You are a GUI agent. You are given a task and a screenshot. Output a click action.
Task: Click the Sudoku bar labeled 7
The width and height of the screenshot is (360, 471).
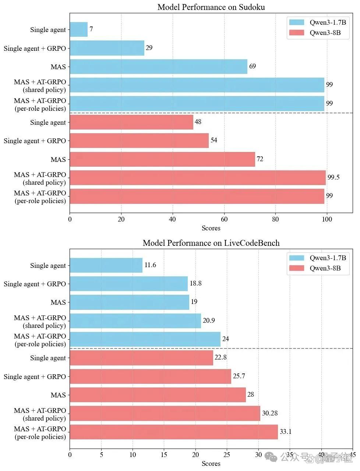tap(78, 29)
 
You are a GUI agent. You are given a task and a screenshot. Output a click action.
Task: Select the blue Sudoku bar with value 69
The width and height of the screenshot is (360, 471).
tap(159, 67)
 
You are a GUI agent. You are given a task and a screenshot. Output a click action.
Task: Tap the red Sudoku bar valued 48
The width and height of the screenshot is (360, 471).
tap(131, 122)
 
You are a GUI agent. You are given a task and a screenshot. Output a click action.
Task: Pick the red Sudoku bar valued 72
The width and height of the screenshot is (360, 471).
tap(162, 159)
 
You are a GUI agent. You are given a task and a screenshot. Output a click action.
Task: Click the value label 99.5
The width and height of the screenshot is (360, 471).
tap(333, 177)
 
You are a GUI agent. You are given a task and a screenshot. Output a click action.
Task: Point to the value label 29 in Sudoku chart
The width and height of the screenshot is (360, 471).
tap(149, 47)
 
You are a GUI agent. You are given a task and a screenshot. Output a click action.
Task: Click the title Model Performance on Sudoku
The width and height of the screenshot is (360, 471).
tap(211, 7)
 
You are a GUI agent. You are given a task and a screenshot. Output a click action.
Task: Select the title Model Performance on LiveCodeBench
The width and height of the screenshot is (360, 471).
tap(211, 243)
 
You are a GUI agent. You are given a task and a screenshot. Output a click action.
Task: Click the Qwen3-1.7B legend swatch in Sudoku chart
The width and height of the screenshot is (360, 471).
tap(296, 22)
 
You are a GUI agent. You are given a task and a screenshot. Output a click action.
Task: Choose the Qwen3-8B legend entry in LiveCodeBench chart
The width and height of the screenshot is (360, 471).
tap(315, 268)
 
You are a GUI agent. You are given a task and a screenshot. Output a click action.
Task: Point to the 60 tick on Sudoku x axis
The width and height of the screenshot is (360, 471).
tap(224, 219)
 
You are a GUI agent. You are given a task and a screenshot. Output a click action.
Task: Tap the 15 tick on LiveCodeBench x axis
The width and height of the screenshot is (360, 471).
tap(164, 454)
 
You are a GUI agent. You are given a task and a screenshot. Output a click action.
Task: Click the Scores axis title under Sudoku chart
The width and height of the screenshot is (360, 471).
tap(211, 228)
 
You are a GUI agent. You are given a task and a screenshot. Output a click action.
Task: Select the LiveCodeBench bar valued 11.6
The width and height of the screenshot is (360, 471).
tap(106, 265)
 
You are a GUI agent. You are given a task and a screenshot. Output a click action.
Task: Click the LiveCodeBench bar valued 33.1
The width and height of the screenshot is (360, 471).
tap(174, 432)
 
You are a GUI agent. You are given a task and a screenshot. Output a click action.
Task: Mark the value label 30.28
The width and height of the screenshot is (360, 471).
tap(270, 413)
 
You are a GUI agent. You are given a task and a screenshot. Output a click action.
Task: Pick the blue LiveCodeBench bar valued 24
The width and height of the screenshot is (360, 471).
tap(145, 339)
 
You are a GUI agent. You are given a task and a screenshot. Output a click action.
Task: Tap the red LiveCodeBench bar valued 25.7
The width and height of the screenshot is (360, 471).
tap(151, 376)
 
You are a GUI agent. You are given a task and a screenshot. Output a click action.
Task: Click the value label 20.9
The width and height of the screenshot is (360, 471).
tap(209, 321)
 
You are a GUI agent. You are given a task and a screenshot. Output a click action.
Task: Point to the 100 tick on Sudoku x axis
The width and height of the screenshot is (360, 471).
tap(327, 219)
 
